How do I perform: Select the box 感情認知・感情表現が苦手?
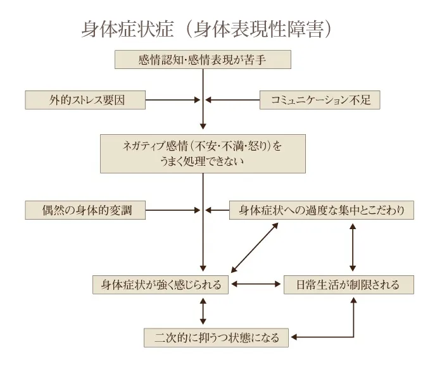click(x=203, y=59)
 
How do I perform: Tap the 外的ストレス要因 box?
click(x=85, y=99)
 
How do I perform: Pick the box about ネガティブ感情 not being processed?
click(x=203, y=153)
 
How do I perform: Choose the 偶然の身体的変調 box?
click(x=85, y=210)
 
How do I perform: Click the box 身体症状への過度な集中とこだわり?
click(x=322, y=210)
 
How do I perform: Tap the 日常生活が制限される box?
click(x=348, y=284)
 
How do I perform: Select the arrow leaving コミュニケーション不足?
click(x=234, y=99)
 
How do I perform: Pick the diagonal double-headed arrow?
click(x=255, y=247)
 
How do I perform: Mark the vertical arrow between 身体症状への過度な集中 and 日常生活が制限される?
click(x=353, y=247)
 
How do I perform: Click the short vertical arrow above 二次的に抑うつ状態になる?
click(x=203, y=310)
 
